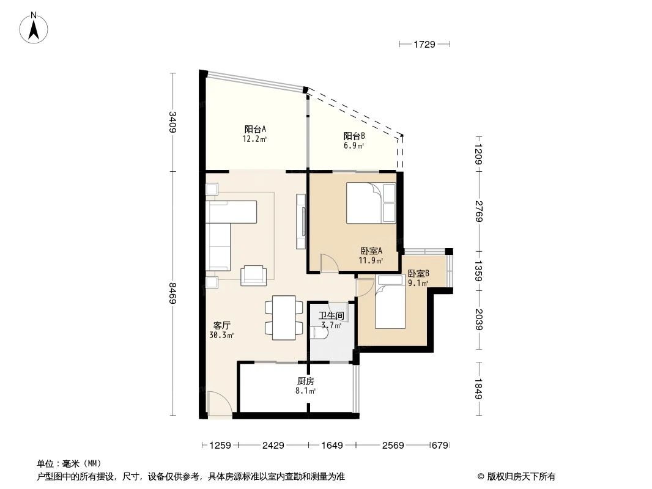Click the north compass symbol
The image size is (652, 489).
(35, 27)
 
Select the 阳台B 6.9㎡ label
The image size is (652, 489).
(354, 141)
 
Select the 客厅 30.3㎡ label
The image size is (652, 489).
(221, 329)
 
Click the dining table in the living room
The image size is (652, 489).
(284, 317)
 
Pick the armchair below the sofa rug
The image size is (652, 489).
(254, 275)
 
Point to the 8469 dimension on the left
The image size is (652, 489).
(173, 295)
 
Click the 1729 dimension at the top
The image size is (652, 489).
(424, 44)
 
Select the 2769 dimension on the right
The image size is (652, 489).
(479, 211)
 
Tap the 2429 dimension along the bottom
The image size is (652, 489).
(273, 446)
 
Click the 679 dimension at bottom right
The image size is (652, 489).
(440, 446)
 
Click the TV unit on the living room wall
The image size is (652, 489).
(301, 221)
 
